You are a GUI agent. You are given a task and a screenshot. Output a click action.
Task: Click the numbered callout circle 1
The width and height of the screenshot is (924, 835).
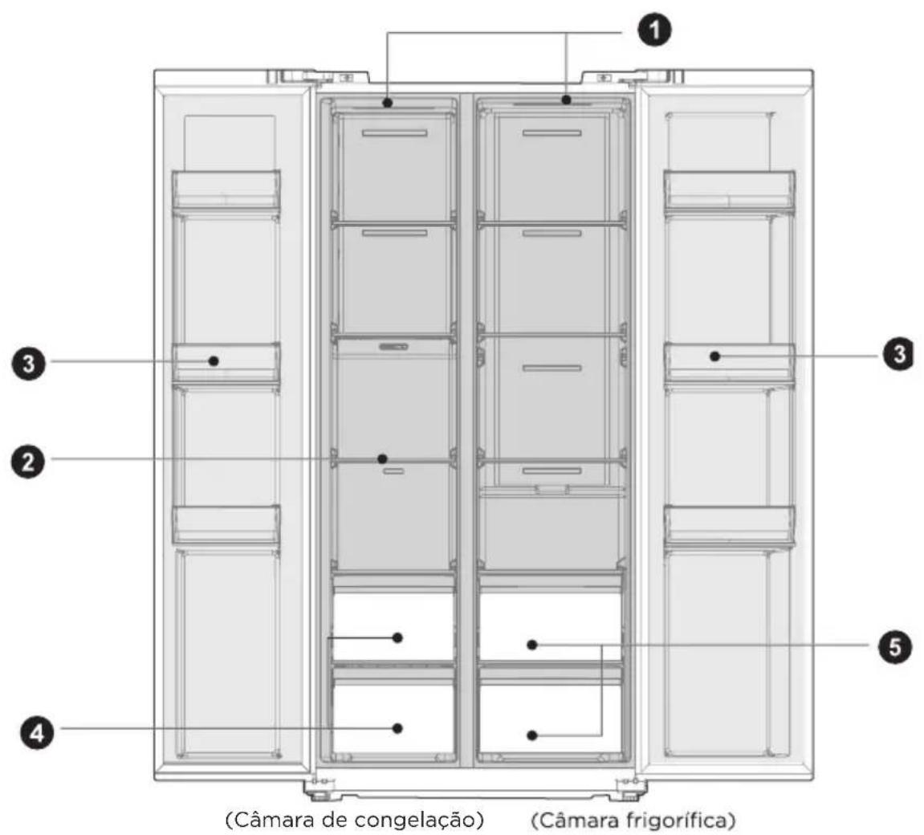[x=655, y=30]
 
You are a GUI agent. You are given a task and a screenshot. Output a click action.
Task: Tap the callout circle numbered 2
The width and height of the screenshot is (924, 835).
[x=28, y=462]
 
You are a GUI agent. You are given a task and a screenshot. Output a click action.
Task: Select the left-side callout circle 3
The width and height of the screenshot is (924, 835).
[x=28, y=363]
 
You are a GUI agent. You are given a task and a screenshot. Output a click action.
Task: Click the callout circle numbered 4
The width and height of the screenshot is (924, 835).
[x=37, y=733]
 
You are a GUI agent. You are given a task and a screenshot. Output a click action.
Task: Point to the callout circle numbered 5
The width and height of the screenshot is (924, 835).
[x=894, y=647]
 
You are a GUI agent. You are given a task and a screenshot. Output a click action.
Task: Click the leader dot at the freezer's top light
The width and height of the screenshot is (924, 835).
[x=387, y=103]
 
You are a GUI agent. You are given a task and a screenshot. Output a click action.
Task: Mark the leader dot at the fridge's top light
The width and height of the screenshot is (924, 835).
[x=566, y=100]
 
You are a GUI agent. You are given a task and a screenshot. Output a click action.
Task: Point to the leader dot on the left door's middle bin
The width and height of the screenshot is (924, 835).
[x=214, y=360]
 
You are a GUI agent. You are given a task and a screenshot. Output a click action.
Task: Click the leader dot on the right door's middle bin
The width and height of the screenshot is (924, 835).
[x=714, y=356]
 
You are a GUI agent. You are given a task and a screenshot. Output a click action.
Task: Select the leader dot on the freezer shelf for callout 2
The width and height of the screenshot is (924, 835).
[x=382, y=458]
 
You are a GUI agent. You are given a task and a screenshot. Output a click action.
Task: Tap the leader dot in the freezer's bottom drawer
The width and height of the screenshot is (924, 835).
[x=397, y=728]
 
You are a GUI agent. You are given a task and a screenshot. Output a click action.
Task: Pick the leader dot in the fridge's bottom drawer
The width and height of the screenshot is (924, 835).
[x=532, y=735]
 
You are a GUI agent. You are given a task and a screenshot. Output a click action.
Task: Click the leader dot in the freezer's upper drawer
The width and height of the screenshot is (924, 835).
[x=397, y=637]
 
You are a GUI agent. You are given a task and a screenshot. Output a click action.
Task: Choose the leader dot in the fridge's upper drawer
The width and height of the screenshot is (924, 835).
[x=532, y=646]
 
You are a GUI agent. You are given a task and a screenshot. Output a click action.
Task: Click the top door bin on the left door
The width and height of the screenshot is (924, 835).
[x=226, y=189]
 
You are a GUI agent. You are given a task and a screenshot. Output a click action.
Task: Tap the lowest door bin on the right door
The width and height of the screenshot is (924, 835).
[x=730, y=525]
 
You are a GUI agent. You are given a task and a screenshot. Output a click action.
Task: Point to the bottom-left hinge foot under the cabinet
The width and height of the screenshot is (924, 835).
[x=318, y=789]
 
